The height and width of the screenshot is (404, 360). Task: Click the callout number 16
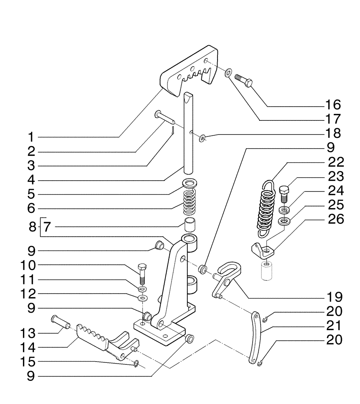(x=333, y=105)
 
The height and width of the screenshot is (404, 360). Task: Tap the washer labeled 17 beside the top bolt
(x=228, y=73)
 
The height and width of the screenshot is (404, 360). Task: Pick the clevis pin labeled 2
(x=164, y=118)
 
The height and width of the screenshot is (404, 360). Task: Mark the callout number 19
(x=333, y=297)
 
